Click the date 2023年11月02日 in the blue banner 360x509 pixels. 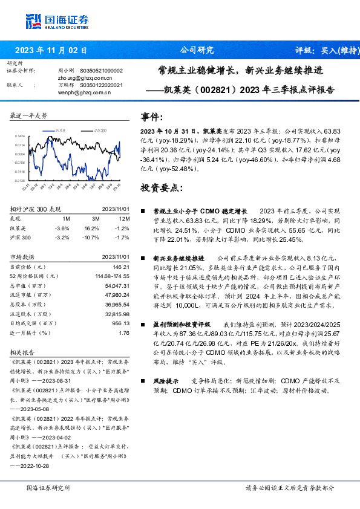tap(51, 50)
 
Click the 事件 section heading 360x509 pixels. tap(151, 117)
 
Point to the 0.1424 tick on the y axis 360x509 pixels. tap(20, 137)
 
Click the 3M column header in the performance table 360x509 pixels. tap(96, 218)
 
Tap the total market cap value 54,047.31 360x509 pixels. tap(117, 284)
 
